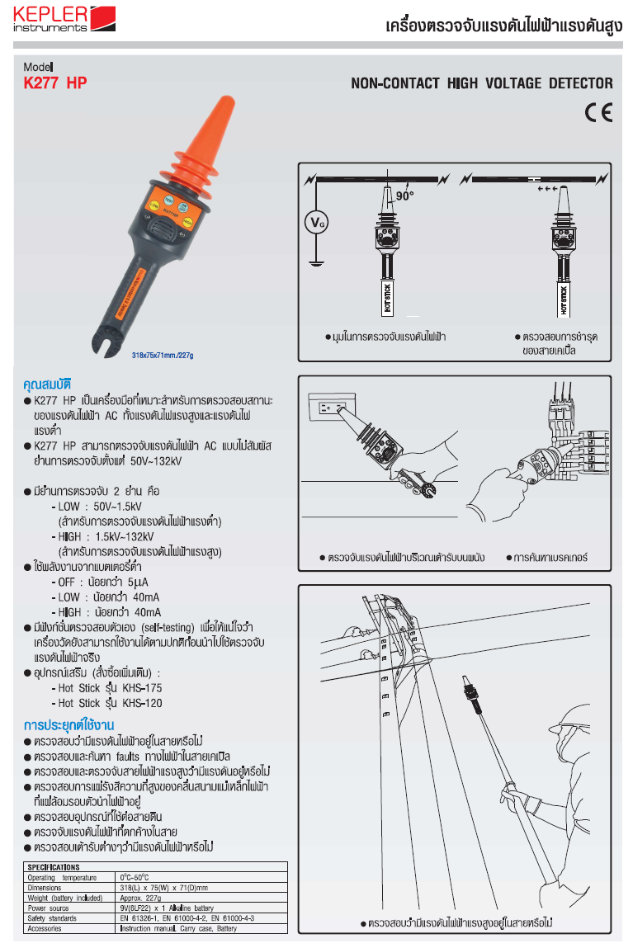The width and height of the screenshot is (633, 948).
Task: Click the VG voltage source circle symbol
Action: [x=314, y=222]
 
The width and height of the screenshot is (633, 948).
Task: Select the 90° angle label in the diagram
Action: [x=404, y=196]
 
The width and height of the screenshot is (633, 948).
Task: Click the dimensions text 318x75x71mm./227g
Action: [x=167, y=356]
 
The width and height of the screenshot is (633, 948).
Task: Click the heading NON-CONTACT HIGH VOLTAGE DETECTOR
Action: [x=481, y=83]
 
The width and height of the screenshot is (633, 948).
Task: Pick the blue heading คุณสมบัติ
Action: [x=48, y=384]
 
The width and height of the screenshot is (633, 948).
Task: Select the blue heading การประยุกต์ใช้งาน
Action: [x=68, y=725]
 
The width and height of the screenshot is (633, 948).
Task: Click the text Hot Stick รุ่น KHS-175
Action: [x=110, y=687]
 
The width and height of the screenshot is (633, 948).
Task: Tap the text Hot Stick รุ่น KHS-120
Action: [x=110, y=703]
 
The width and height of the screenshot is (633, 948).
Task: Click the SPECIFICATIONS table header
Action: [x=54, y=867]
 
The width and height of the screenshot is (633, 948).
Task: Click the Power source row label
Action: [x=49, y=908]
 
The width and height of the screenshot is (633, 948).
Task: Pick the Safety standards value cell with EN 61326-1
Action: [x=187, y=918]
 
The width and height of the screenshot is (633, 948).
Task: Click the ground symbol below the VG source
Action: [x=314, y=264]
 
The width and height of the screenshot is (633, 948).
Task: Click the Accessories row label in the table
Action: [x=45, y=928]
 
